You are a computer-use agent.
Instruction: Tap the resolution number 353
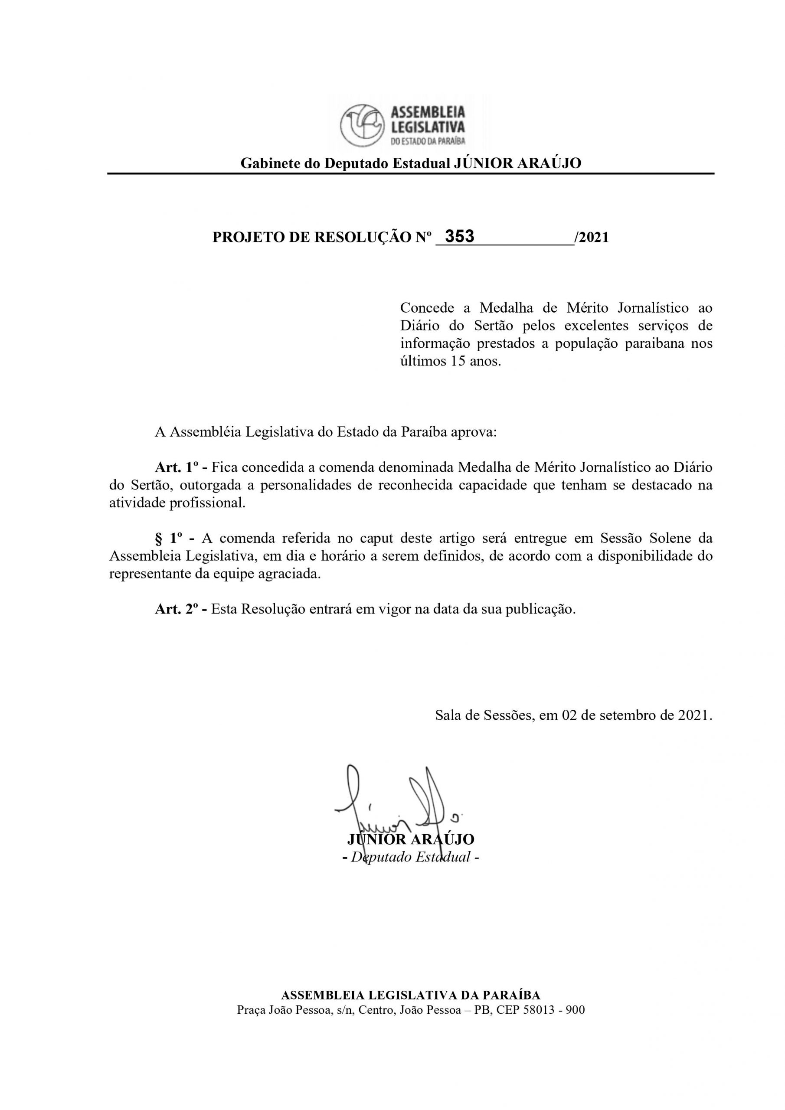click(x=459, y=236)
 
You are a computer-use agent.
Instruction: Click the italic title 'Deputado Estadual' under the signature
click(x=411, y=857)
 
